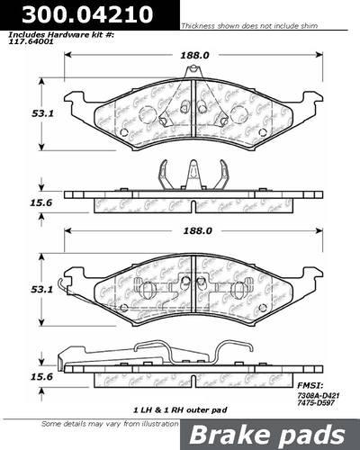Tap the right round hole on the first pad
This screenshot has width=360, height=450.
pyautogui.click(x=238, y=115)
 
